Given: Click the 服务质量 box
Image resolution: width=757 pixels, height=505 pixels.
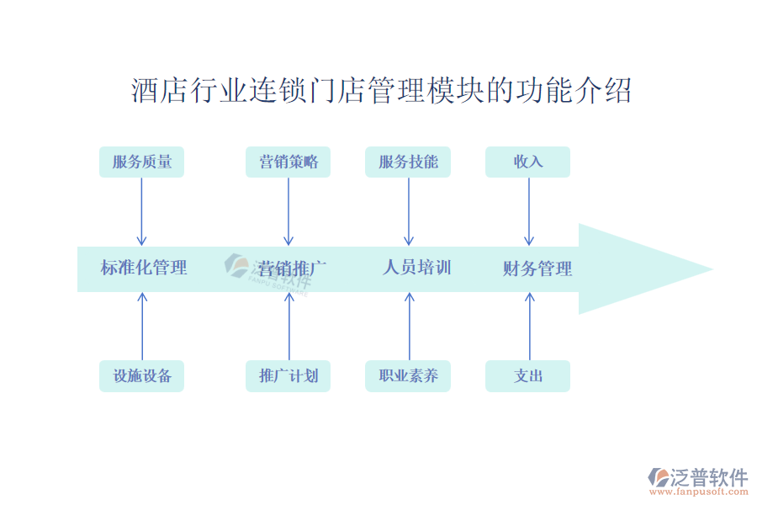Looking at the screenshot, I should tap(141, 162).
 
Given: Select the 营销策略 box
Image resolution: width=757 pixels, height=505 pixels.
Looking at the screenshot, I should tap(289, 162).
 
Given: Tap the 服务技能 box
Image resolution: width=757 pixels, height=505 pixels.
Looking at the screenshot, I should tap(408, 162).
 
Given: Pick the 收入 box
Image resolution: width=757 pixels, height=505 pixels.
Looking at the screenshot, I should tap(527, 162).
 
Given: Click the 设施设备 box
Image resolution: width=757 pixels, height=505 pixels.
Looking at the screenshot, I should tap(141, 376).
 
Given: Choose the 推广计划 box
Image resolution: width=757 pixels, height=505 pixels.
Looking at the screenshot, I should tap(289, 376).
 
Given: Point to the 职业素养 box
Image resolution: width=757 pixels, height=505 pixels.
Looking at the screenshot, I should tap(408, 376).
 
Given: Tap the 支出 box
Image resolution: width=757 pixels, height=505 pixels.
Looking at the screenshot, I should tap(527, 376).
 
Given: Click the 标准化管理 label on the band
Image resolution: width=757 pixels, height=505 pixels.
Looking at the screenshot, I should tap(144, 268).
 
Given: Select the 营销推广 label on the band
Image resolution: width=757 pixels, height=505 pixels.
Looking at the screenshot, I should tap(292, 269).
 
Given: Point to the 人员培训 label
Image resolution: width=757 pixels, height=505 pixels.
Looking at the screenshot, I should tap(417, 268).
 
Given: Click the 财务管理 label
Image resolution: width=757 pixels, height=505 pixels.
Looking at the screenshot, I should tap(537, 269).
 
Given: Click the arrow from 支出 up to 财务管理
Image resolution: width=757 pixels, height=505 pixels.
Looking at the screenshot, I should tap(529, 327).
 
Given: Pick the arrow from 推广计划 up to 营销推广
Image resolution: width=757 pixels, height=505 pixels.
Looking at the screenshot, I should tap(289, 327).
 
